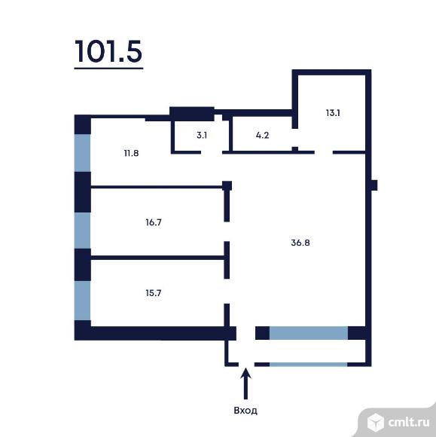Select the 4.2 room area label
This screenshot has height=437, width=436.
[262, 136]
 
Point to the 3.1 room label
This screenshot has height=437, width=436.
[201, 136]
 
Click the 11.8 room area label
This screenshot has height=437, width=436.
[132, 153]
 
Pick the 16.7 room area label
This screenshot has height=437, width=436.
[155, 222]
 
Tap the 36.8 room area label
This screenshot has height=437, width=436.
[301, 243]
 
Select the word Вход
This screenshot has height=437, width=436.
[245, 411]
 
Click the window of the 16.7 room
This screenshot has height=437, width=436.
[82, 230]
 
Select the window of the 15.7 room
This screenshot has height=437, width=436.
[82, 300]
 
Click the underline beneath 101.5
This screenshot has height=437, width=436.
[108, 69]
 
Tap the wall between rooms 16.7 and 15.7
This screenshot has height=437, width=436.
[158, 258]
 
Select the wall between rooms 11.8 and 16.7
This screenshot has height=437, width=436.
[158, 185]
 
